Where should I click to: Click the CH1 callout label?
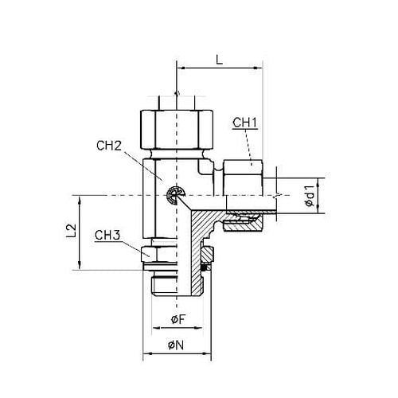(245, 123)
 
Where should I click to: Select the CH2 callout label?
(109, 146)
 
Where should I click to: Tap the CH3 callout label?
(107, 236)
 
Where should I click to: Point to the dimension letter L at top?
(219, 60)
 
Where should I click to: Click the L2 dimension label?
(71, 232)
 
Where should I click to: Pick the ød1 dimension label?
(310, 196)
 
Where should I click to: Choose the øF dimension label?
(178, 319)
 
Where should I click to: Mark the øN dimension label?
(176, 345)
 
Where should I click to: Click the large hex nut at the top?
(177, 130)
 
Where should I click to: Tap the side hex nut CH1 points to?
(243, 178)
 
